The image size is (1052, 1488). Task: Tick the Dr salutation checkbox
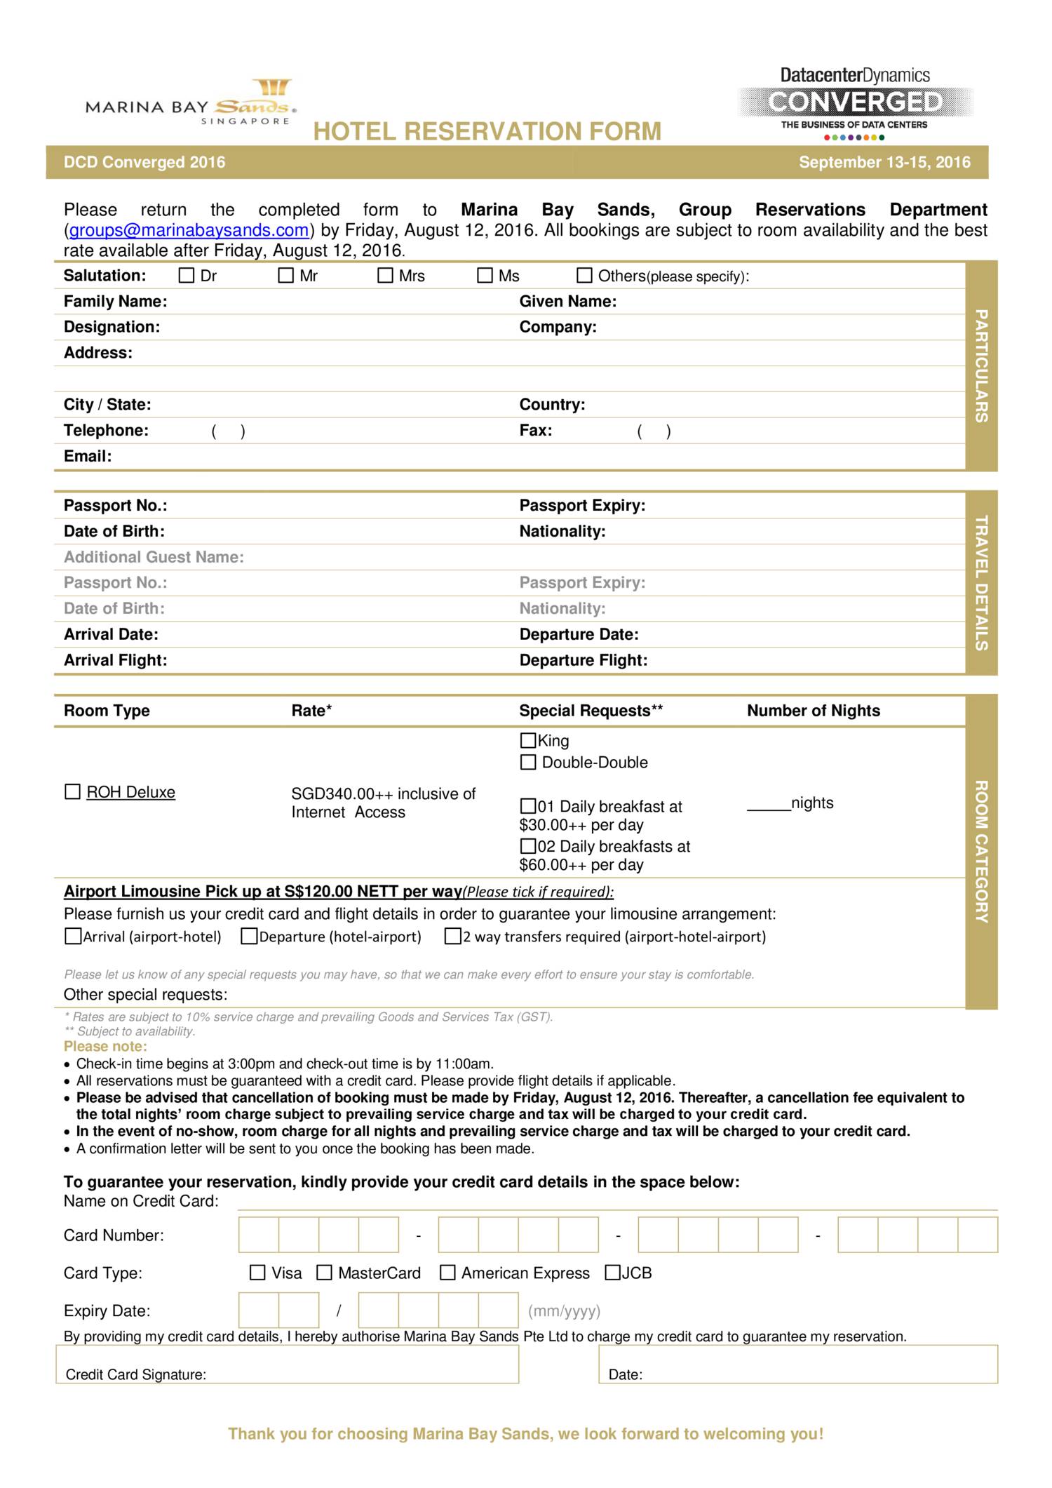point(186,276)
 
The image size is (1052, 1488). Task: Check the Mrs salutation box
point(385,276)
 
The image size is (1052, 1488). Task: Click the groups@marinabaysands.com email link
point(189,230)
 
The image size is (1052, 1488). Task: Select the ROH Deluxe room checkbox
point(72,792)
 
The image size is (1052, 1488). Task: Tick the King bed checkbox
point(528,740)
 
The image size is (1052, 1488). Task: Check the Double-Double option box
point(528,762)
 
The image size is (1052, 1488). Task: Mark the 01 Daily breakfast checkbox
point(528,806)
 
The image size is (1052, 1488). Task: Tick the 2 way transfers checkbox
point(452,937)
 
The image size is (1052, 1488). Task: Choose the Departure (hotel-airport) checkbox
point(249,937)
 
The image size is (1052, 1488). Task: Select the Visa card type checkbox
point(257,1273)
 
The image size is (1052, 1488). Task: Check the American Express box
point(447,1273)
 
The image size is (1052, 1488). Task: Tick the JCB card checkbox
point(612,1273)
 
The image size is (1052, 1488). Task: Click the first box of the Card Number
point(259,1235)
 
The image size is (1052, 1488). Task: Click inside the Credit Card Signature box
point(288,1364)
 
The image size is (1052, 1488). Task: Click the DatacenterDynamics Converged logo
point(855,102)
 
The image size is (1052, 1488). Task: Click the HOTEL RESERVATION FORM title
point(487,132)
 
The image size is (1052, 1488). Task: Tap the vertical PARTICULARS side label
point(981,366)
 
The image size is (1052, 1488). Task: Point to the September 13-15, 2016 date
point(884,163)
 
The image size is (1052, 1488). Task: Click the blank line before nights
point(769,804)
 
